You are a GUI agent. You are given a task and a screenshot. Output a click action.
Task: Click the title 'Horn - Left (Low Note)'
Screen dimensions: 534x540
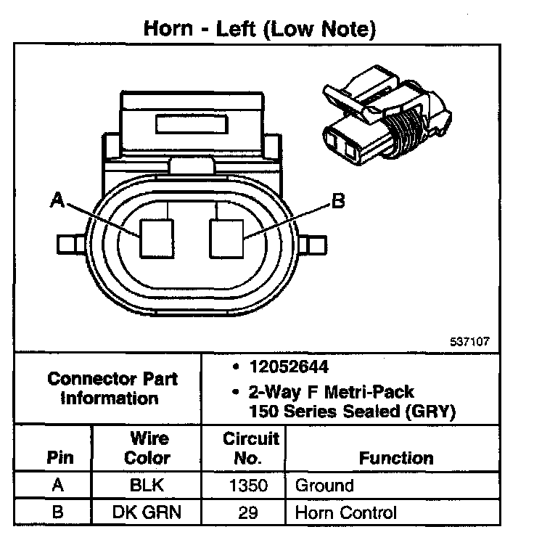pos(259,29)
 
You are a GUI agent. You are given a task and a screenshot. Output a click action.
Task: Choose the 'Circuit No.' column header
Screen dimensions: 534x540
pos(251,449)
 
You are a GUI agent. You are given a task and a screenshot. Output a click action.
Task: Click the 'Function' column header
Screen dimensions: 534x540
pos(396,458)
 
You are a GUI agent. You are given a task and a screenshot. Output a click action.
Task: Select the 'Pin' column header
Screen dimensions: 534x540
pos(59,458)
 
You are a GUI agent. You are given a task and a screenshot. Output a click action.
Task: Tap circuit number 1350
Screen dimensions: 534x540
pos(251,486)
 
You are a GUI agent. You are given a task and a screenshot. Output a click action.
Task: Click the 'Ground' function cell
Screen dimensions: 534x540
pos(324,486)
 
